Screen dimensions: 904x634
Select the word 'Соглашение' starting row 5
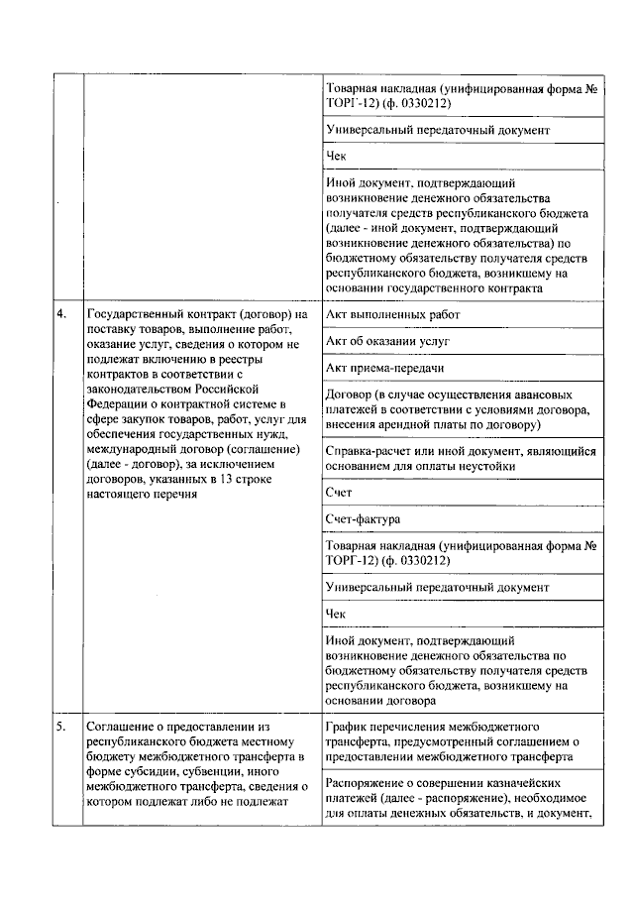122,726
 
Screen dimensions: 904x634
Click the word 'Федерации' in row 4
118,403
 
